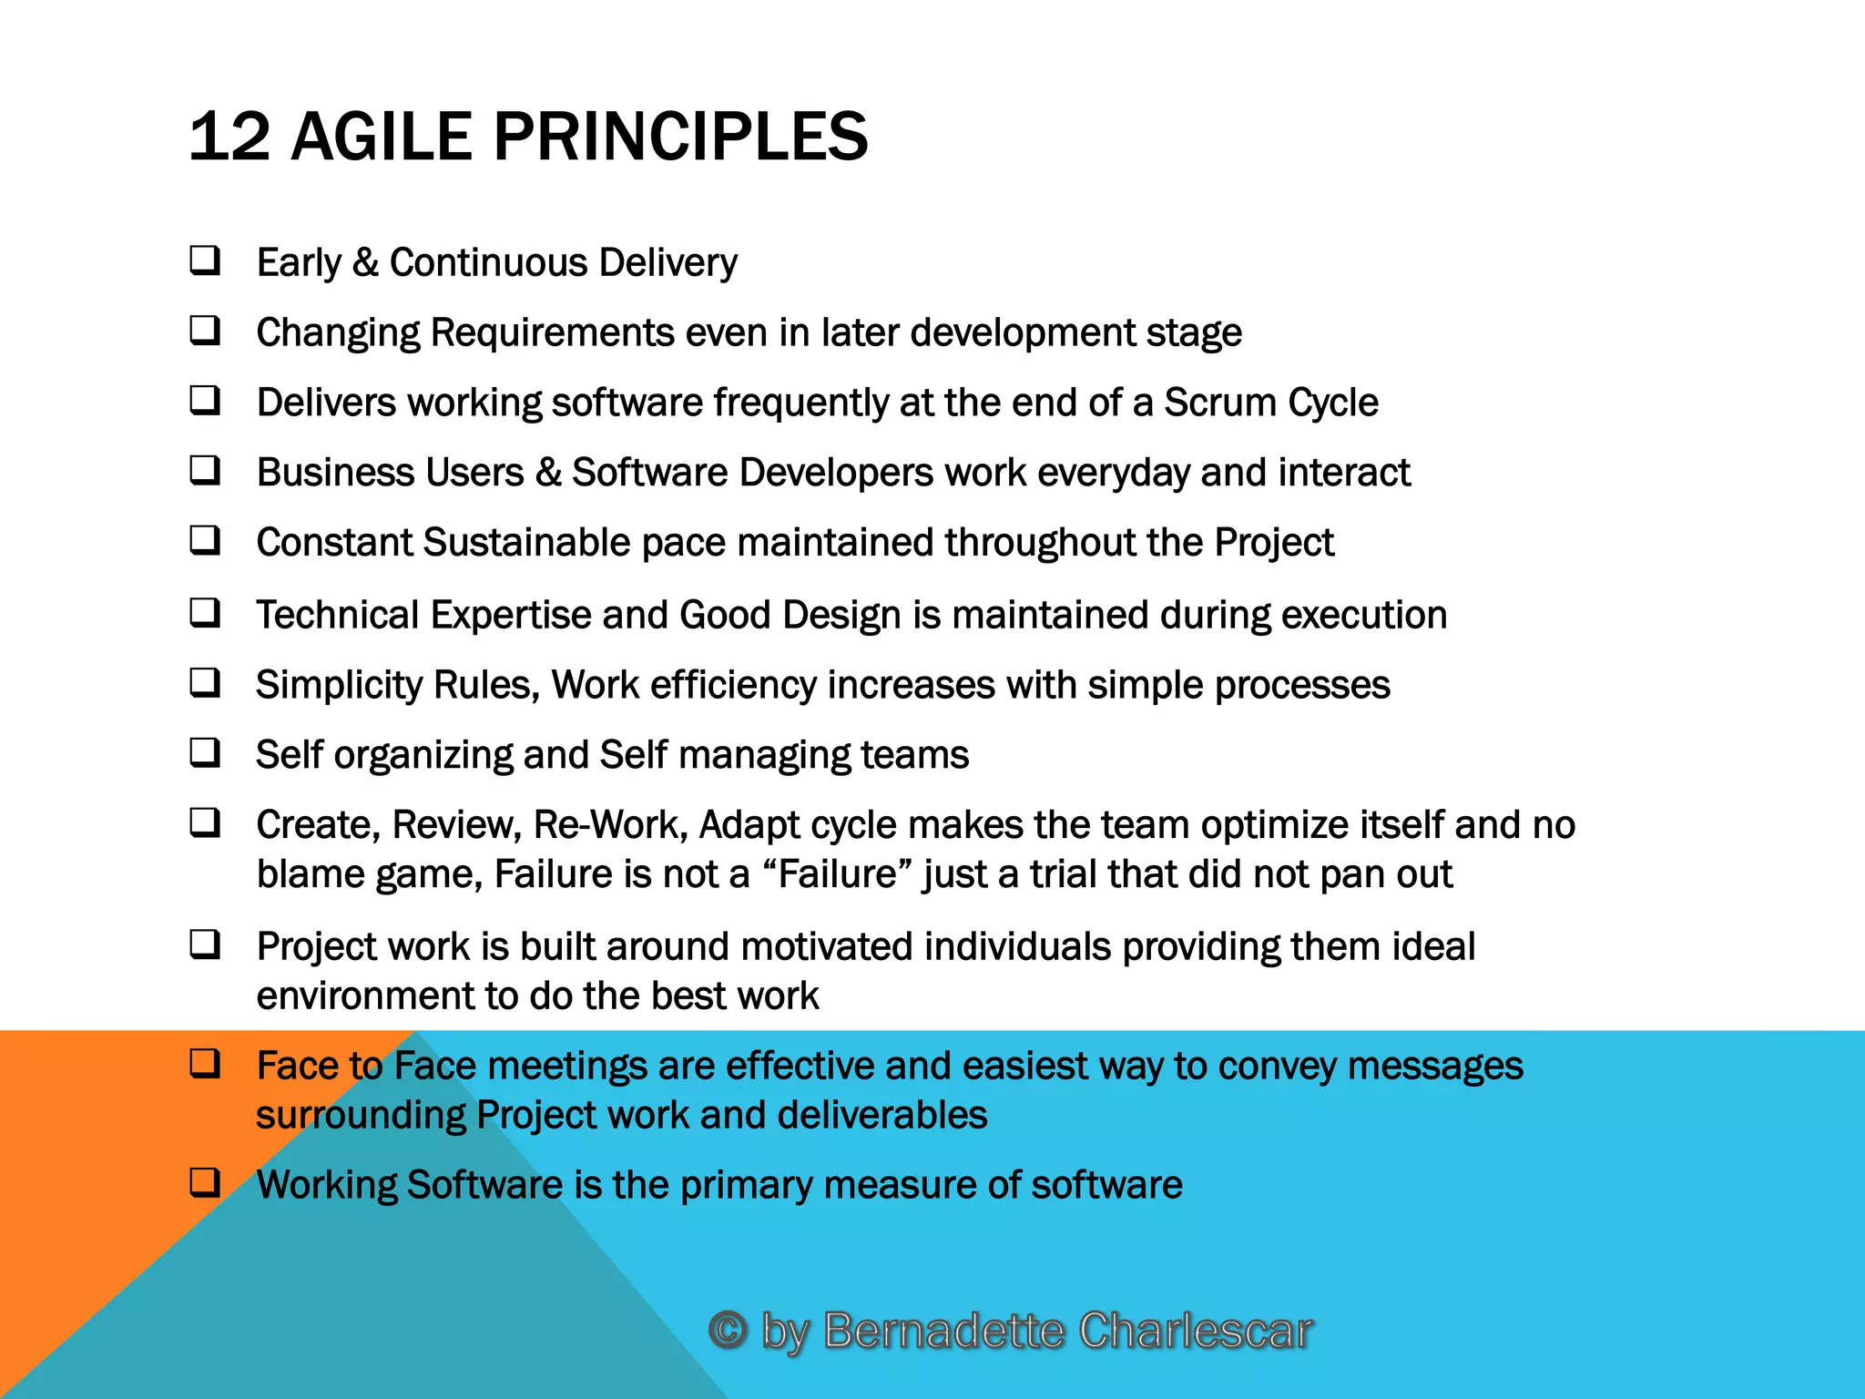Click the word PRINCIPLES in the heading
point(680,137)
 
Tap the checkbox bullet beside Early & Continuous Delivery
point(205,260)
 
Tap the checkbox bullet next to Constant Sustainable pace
point(205,540)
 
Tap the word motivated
point(827,947)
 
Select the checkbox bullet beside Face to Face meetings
point(205,1063)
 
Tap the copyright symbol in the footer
point(728,1330)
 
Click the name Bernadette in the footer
point(943,1330)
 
